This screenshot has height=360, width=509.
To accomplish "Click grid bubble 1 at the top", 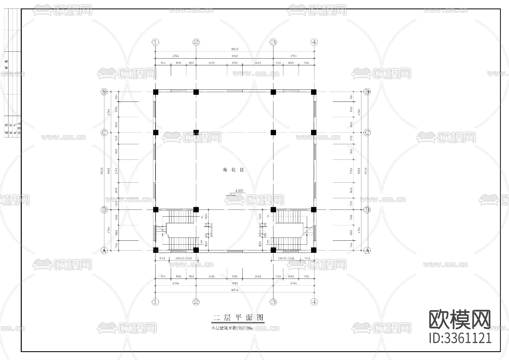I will coord(155,42).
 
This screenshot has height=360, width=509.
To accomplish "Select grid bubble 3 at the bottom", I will coord(273,302).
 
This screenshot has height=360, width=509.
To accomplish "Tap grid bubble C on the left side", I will coord(104,133).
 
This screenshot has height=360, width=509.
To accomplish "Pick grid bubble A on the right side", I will coord(367,250).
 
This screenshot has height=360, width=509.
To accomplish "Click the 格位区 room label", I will coord(234,170).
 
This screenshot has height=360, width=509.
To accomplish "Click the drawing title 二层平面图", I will coord(238,318).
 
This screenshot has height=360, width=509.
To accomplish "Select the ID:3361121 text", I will coord(460,338).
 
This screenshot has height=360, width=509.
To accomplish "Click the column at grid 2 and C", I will coord(196,132).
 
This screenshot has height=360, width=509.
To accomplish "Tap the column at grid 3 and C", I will coord(273,132).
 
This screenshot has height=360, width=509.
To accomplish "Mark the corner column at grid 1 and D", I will coord(156,92).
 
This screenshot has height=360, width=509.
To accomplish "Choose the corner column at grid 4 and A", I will coord(314,250).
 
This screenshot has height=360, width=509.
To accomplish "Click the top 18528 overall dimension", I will coord(235,49).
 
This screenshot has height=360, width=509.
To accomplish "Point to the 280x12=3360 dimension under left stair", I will coord(183,258).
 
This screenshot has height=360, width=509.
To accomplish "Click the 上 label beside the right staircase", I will coord(268,242).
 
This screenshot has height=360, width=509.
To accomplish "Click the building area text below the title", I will coord(232,328).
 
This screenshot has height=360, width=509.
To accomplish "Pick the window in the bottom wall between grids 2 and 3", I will coord(235,251).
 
